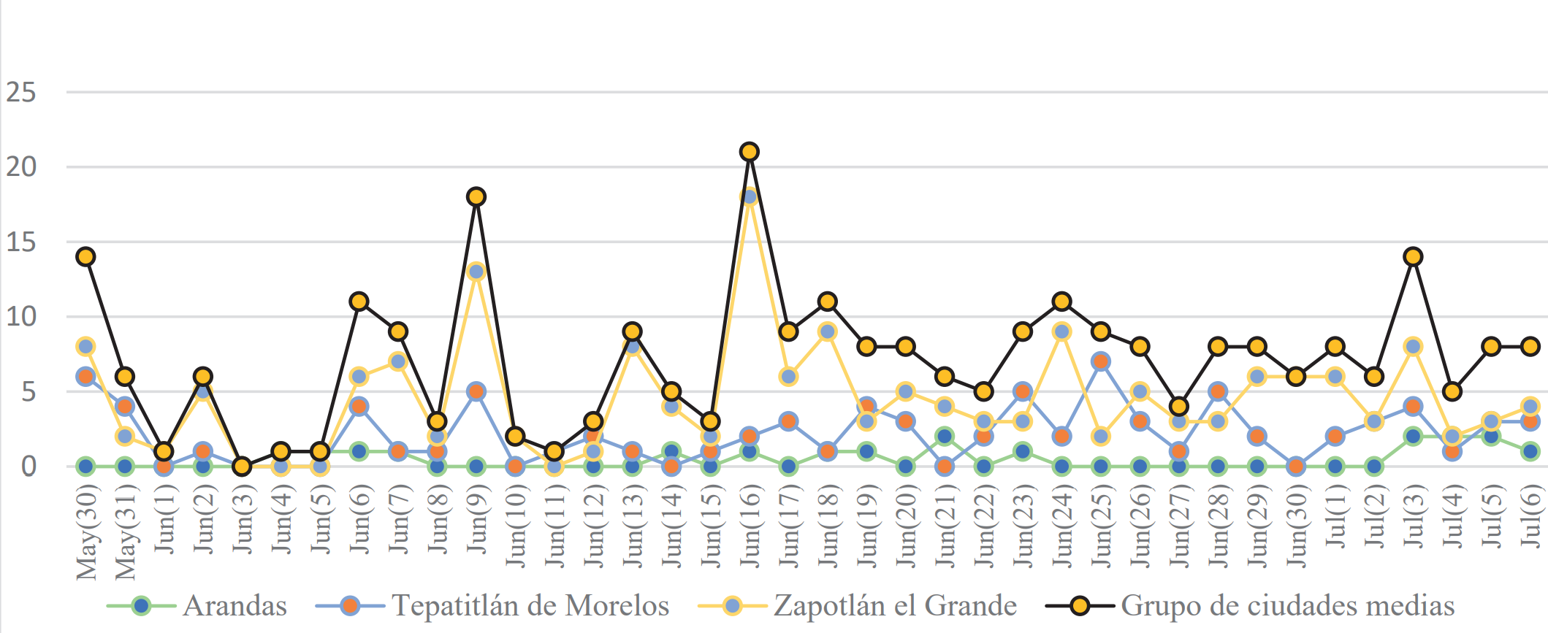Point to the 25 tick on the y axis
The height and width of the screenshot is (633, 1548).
[21, 93]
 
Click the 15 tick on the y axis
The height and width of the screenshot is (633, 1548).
[21, 242]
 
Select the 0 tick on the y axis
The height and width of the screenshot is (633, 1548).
[28, 466]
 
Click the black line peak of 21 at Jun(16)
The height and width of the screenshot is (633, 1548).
[749, 152]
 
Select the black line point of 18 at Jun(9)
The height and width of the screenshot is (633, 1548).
[476, 197]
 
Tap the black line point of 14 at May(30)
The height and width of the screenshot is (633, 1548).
[86, 257]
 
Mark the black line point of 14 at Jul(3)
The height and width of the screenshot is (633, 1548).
[1413, 257]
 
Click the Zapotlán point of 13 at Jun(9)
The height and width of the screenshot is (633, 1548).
[476, 272]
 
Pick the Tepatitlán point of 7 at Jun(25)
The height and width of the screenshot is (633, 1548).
[1101, 361]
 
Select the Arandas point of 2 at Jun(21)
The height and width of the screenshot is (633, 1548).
[945, 436]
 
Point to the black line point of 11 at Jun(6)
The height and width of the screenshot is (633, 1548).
[359, 302]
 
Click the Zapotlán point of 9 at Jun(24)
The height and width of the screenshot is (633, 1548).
[1061, 331]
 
